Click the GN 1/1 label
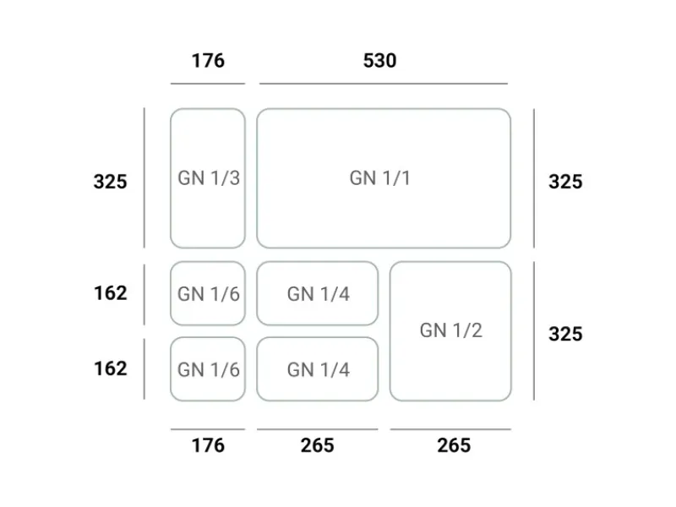click(x=379, y=178)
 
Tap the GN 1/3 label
click(x=209, y=178)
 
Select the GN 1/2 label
click(x=451, y=330)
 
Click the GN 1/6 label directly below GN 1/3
click(x=209, y=294)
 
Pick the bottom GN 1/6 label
click(x=209, y=370)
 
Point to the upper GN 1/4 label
click(x=319, y=294)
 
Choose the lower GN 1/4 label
click(x=319, y=370)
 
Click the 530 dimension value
click(x=379, y=60)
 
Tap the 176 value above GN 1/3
click(x=208, y=60)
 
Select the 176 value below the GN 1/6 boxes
click(x=208, y=445)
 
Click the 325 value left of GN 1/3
click(x=111, y=182)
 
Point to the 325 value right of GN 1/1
click(x=565, y=182)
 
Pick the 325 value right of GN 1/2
click(x=565, y=334)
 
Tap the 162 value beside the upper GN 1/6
click(x=111, y=293)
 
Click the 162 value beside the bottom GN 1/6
click(x=111, y=368)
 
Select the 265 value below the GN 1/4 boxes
click(x=318, y=445)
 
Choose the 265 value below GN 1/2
click(x=454, y=445)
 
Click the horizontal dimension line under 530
click(x=384, y=84)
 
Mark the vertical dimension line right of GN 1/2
click(x=534, y=330)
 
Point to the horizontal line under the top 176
click(x=208, y=84)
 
